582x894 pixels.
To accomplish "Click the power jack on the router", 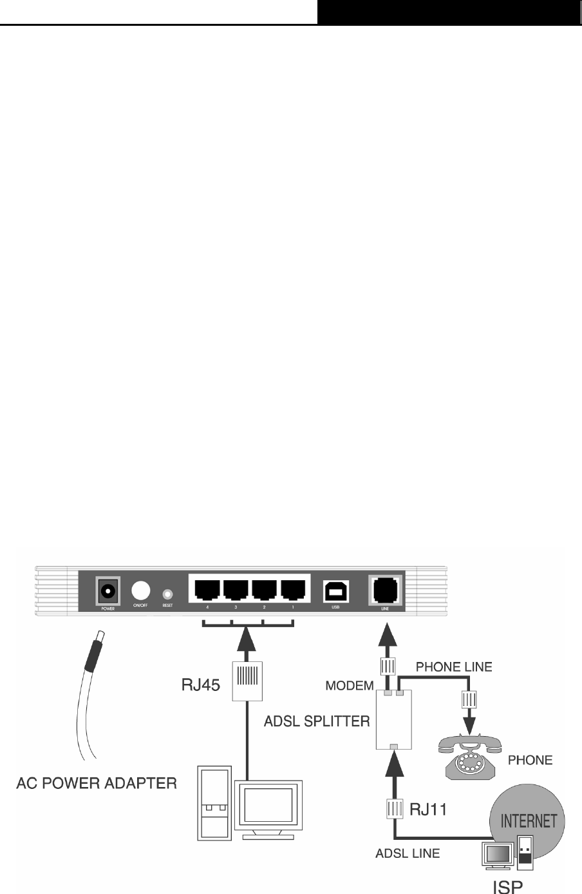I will click(x=107, y=590).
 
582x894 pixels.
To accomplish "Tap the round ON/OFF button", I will click(x=141, y=591).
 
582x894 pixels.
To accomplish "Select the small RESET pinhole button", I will click(x=168, y=593).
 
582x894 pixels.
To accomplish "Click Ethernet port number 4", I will click(x=205, y=590).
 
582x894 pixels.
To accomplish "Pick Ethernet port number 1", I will click(x=293, y=590).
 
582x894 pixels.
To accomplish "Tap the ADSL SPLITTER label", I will click(x=317, y=721).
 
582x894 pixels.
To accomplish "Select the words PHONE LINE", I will click(x=454, y=667).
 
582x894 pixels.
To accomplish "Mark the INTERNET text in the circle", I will click(x=529, y=821).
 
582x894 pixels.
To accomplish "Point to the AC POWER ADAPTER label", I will click(x=97, y=783).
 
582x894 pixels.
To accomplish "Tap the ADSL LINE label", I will click(x=408, y=853).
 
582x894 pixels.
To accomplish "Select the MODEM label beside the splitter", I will click(x=350, y=686).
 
